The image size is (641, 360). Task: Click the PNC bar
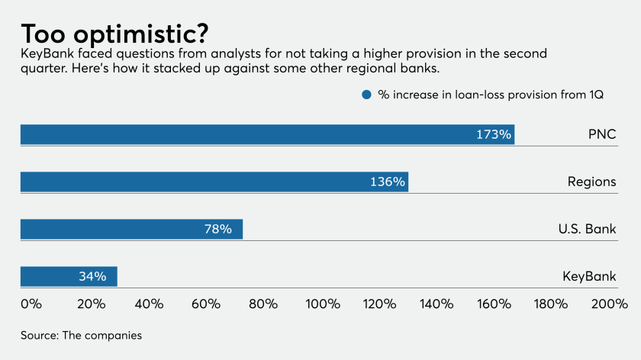(267, 134)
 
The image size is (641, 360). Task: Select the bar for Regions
(214, 182)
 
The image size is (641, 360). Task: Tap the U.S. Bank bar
(131, 229)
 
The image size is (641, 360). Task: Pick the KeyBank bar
(69, 276)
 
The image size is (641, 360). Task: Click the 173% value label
(493, 134)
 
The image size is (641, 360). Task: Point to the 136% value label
(388, 182)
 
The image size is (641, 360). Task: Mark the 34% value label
(92, 276)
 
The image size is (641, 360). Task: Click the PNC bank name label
(601, 134)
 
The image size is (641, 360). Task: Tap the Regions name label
(591, 182)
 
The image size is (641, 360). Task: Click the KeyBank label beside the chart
(588, 276)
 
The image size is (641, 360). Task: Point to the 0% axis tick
(31, 304)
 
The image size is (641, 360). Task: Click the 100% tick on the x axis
(322, 304)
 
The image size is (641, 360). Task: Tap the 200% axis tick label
(608, 304)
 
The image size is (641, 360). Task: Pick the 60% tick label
(206, 304)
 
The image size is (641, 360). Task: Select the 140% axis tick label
(436, 304)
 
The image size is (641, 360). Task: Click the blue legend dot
(366, 95)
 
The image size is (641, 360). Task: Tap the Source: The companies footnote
(81, 335)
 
